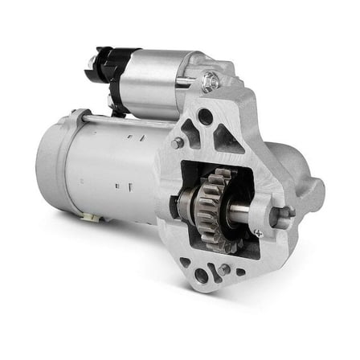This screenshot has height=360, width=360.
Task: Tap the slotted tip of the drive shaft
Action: tap(287, 213)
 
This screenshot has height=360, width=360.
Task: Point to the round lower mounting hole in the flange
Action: tap(202, 276)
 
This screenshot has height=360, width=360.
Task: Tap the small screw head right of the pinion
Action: tap(257, 233)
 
